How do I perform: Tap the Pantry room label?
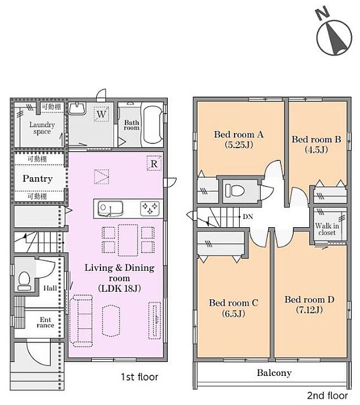(38, 178)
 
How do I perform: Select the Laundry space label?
(42, 128)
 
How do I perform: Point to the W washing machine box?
(101, 114)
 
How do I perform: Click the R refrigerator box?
(154, 164)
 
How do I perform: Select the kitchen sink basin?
(108, 207)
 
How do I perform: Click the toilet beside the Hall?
(24, 281)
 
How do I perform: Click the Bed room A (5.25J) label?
(239, 139)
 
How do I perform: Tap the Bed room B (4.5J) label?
(316, 144)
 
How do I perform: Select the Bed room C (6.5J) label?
(233, 308)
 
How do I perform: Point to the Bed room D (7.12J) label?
(309, 305)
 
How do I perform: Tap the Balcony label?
(274, 372)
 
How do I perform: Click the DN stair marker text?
(248, 217)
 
